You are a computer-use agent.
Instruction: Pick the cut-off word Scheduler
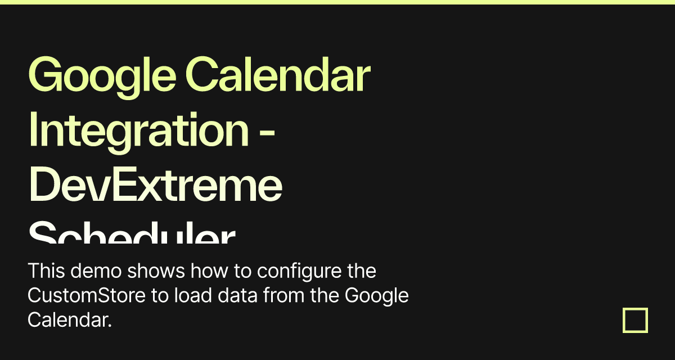pos(132,233)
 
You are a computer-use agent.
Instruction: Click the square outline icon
pos(635,320)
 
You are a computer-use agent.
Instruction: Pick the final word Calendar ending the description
pos(69,320)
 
